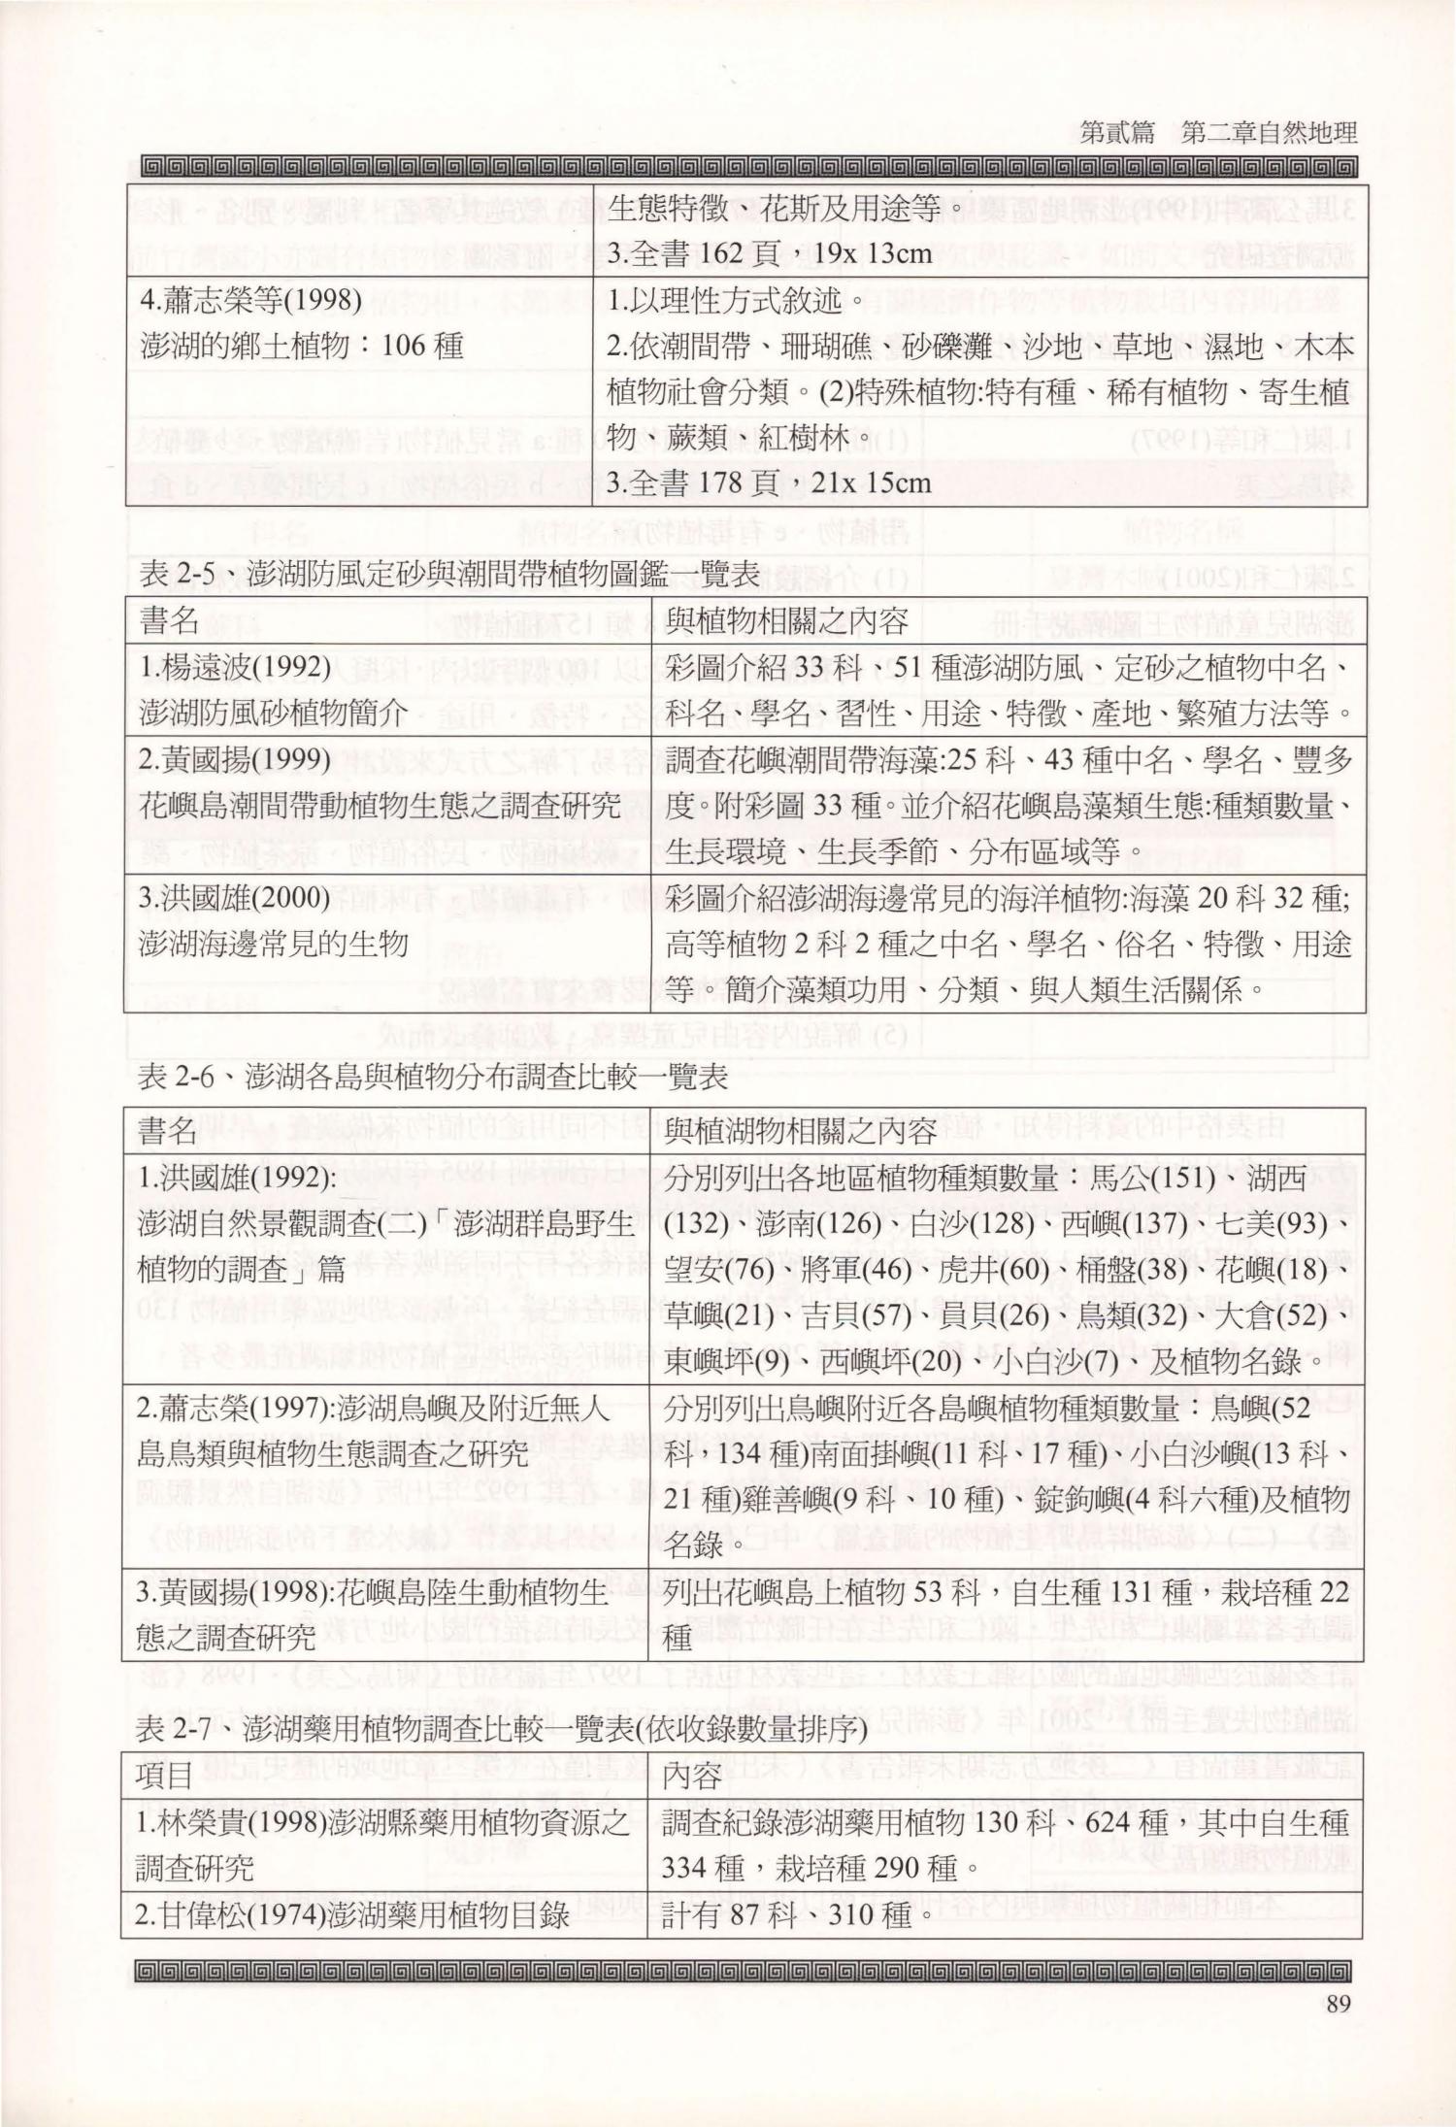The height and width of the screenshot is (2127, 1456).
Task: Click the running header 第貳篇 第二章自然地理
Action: pos(1217,134)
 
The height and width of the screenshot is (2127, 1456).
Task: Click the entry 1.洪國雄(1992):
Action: pos(239,1179)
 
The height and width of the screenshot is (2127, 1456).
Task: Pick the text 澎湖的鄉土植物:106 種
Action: pos(302,346)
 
